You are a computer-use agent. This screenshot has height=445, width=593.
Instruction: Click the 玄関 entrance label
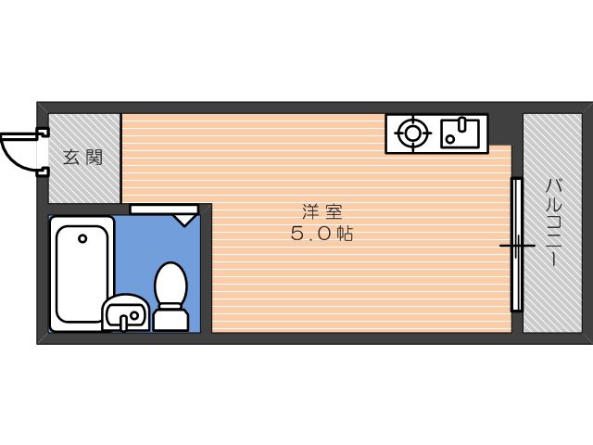82,158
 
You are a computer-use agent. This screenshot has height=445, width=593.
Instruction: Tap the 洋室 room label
322,211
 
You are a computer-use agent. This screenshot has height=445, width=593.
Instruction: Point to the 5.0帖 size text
322,234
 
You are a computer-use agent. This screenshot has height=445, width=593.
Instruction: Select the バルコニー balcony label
554,223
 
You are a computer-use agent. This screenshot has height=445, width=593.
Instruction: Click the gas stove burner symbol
412,133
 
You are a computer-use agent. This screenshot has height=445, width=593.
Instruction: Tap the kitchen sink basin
460,133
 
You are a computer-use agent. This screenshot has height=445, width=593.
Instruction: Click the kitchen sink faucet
461,124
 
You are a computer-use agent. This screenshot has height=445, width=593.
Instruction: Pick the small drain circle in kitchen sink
450,139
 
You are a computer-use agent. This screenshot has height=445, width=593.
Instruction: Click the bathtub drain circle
82,239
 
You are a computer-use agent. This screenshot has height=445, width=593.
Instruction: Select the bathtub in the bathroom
82,273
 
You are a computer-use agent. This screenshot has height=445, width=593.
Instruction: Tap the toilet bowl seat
170,283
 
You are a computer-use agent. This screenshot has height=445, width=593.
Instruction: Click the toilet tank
170,319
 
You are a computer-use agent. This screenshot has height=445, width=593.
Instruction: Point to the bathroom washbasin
126,312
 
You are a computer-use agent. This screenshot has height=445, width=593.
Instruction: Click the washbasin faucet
123,322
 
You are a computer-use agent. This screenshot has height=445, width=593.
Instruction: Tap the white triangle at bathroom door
184,220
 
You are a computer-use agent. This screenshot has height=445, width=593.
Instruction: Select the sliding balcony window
517,245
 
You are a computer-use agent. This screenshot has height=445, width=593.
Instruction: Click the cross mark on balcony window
517,246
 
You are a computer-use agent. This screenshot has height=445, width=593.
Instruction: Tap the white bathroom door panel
164,210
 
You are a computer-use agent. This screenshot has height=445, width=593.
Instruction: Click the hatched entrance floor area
84,159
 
